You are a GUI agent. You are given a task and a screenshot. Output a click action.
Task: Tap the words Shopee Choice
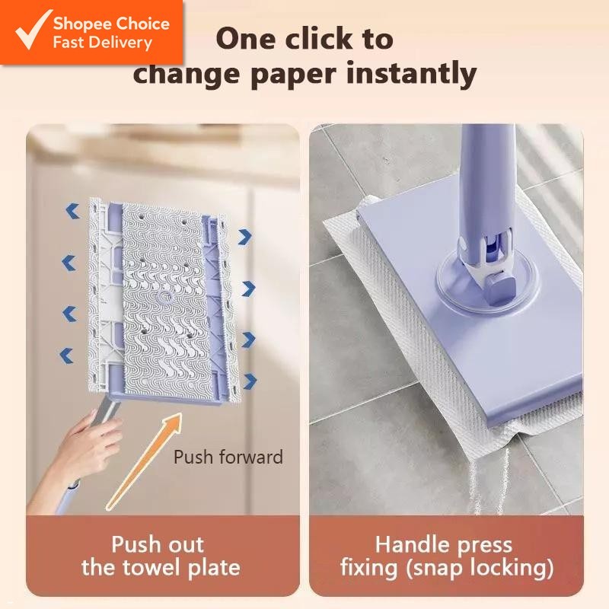111,23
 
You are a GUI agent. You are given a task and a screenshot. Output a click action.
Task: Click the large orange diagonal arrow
145,461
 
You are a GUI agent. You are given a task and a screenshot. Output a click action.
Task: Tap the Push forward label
228,457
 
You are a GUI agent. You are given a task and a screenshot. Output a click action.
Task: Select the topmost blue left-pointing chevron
72,211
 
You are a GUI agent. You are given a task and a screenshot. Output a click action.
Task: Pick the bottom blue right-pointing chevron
249,381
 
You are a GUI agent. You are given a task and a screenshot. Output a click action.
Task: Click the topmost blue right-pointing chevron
244,237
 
